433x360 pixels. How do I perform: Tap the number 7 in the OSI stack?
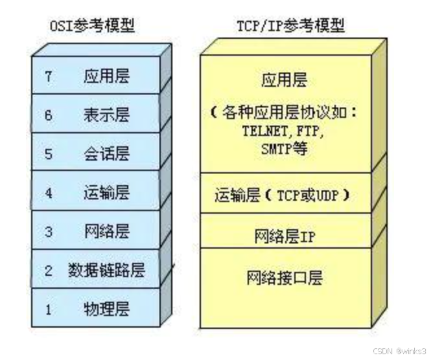(48, 76)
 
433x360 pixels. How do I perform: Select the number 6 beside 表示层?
(48, 115)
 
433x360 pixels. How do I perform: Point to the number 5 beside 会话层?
(48, 153)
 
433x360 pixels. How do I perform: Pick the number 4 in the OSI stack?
(48, 192)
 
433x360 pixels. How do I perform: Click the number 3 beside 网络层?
(48, 231)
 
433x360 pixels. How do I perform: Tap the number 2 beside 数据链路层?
(48, 270)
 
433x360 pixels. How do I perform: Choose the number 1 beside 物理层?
(48, 309)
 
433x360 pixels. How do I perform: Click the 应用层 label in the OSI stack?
(106, 76)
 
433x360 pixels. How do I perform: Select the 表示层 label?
(106, 115)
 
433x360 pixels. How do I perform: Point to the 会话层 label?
(106, 153)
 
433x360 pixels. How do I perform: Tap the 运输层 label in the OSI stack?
(106, 192)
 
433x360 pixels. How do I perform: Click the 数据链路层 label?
(106, 270)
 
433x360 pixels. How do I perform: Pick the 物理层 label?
(106, 309)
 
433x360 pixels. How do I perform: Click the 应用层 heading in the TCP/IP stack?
(284, 80)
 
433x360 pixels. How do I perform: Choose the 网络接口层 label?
(285, 278)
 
